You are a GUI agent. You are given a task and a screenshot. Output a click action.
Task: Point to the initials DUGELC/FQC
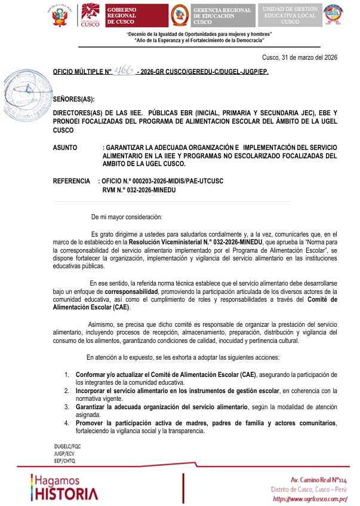point(67,446)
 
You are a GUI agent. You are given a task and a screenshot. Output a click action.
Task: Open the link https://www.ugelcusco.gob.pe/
point(309,498)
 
